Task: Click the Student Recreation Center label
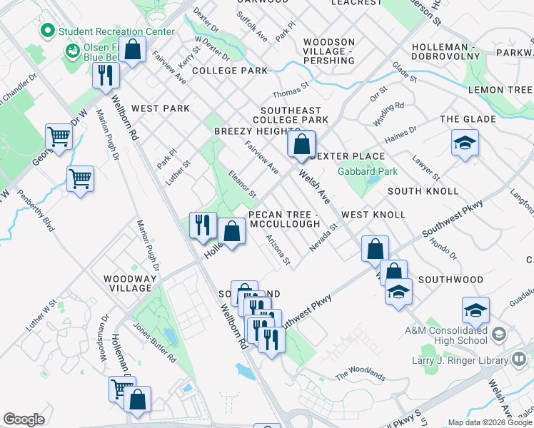click(x=116, y=31)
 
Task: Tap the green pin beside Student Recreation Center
click(x=48, y=31)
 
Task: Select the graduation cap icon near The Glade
click(x=465, y=143)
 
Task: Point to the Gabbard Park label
click(x=368, y=172)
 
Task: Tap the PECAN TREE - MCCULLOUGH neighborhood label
click(x=283, y=219)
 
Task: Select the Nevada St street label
click(x=322, y=237)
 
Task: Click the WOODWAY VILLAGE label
click(x=129, y=283)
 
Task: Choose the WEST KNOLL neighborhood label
click(x=373, y=215)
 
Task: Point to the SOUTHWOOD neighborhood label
click(x=450, y=279)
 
